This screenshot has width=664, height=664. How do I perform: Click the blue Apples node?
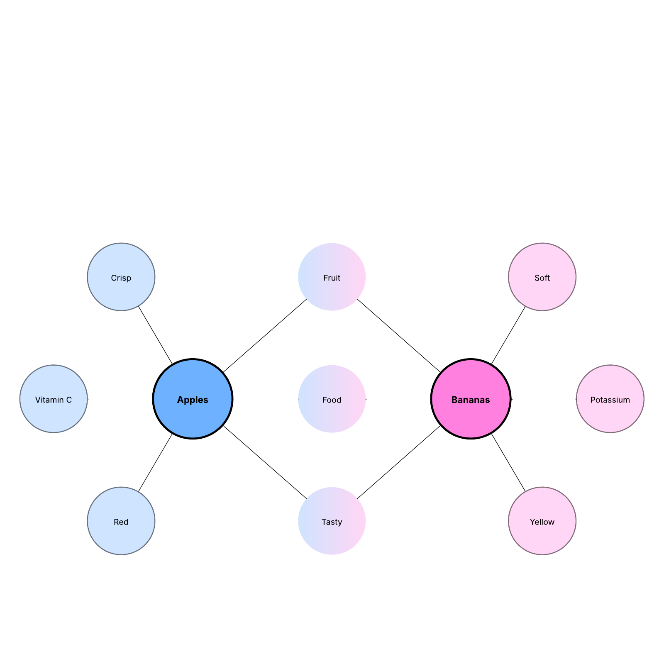point(193,399)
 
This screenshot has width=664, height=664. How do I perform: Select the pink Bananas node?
point(471,399)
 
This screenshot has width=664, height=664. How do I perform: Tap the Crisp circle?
point(121,277)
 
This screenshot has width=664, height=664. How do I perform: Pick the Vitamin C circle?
point(54,399)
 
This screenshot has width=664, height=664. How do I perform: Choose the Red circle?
point(121,521)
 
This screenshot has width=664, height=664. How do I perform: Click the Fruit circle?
point(332,277)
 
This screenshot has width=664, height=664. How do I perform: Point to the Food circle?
point(332,399)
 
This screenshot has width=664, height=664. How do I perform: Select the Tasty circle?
point(332,521)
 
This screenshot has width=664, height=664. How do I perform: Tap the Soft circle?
point(542,277)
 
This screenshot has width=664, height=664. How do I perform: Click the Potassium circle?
point(610,399)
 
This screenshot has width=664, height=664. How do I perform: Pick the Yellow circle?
point(542,521)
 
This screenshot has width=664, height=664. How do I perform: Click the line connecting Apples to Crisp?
point(155,335)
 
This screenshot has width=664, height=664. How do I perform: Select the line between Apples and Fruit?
point(265,335)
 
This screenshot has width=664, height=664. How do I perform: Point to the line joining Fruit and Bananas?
point(399,335)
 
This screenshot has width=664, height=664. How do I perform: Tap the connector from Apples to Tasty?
point(265,462)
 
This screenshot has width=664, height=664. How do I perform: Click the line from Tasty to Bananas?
point(399,462)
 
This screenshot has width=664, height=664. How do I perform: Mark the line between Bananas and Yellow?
point(508,463)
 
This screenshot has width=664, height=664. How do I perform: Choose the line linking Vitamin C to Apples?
point(120,399)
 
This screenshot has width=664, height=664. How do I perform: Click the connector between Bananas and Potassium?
point(544,399)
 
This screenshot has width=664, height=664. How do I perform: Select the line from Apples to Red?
point(155,463)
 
